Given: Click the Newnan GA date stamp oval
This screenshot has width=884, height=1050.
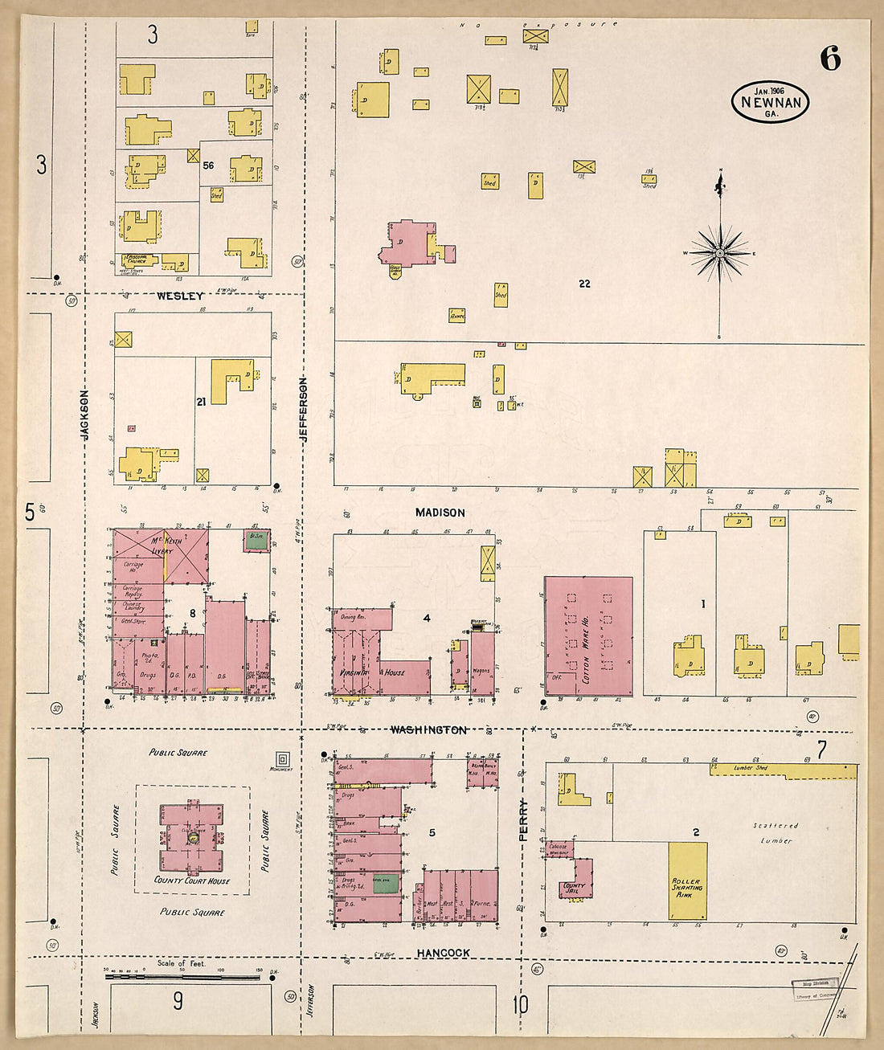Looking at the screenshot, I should (x=770, y=102).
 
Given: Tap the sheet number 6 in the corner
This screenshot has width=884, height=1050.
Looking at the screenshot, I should (x=830, y=59).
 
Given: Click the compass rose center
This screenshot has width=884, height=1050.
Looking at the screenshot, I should (x=720, y=253).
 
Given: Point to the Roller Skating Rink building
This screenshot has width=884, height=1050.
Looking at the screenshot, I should (x=688, y=881).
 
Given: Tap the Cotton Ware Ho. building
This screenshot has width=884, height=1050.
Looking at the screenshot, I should (x=588, y=636).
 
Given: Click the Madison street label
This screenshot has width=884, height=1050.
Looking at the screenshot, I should (x=440, y=513).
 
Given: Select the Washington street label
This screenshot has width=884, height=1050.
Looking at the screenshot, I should (x=428, y=729).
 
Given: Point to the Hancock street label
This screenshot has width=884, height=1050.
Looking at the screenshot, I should (x=443, y=953).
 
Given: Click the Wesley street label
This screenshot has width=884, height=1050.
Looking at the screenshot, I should (x=180, y=296).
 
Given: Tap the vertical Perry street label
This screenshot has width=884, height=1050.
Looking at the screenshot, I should (x=522, y=819).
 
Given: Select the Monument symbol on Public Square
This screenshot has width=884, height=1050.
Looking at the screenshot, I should (x=282, y=758).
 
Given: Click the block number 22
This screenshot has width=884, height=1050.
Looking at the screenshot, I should (x=584, y=284).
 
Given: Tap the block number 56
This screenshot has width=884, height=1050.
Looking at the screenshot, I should (x=208, y=165).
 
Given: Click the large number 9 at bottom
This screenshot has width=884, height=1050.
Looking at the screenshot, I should (x=178, y=1000).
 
